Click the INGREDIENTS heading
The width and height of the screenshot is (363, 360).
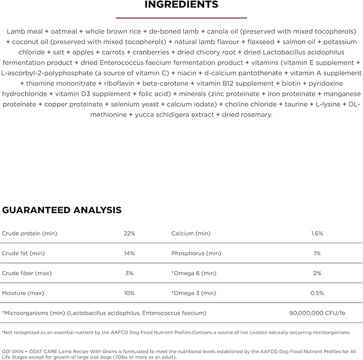[182, 5]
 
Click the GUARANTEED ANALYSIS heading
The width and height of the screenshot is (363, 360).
[62, 210]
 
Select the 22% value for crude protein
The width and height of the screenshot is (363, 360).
[129, 233]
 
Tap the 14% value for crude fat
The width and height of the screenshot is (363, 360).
[129, 253]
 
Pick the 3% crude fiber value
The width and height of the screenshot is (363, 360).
[129, 273]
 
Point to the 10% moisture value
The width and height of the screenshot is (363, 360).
[129, 293]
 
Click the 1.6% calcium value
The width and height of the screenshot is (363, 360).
[317, 233]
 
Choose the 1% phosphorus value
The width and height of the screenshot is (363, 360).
[317, 253]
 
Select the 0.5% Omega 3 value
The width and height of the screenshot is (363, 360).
[317, 293]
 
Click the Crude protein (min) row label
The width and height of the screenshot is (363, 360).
[29, 233]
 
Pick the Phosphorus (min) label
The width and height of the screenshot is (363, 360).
[196, 253]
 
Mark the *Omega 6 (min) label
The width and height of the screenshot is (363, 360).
[194, 273]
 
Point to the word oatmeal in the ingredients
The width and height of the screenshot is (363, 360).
[67, 32]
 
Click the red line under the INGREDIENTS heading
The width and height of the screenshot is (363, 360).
[181, 17]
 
